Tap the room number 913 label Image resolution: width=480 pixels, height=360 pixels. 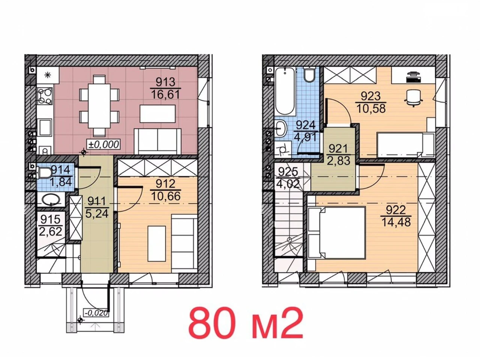click(165, 82)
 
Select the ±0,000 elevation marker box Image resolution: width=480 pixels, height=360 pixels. click(103, 144)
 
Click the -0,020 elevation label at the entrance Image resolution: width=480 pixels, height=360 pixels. click(97, 313)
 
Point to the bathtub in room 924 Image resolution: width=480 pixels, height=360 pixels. click(285, 90)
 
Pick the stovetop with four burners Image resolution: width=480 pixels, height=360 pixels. click(45, 96)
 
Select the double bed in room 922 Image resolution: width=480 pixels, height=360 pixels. click(336, 233)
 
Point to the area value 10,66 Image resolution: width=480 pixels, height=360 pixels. click(165, 196)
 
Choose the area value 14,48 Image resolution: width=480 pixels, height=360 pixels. click(396, 222)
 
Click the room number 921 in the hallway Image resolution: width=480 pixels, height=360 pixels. click(338, 149)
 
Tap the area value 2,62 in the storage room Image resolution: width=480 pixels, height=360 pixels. click(51, 231)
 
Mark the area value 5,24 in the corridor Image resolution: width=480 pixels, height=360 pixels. click(97, 213)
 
